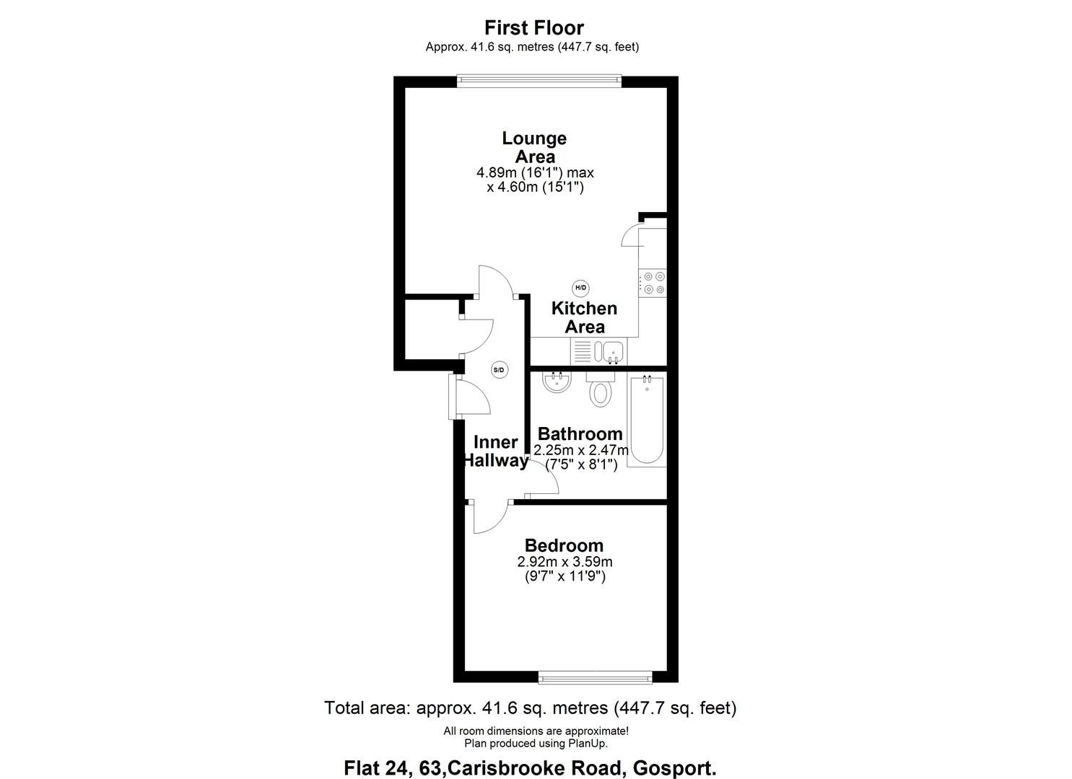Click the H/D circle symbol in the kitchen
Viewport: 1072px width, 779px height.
click(581, 288)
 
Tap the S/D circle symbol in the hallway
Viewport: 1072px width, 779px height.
click(499, 370)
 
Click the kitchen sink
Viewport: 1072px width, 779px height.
click(610, 352)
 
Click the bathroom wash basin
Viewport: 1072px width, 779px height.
click(557, 382)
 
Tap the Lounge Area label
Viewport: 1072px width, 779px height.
click(534, 147)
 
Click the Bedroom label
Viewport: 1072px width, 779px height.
click(564, 546)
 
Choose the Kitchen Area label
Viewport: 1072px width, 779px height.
click(584, 317)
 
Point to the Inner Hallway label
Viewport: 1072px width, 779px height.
click(495, 452)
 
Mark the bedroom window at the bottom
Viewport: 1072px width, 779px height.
click(596, 677)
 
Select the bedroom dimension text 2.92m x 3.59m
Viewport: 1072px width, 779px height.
click(565, 562)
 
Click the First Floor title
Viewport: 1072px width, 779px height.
click(533, 27)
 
